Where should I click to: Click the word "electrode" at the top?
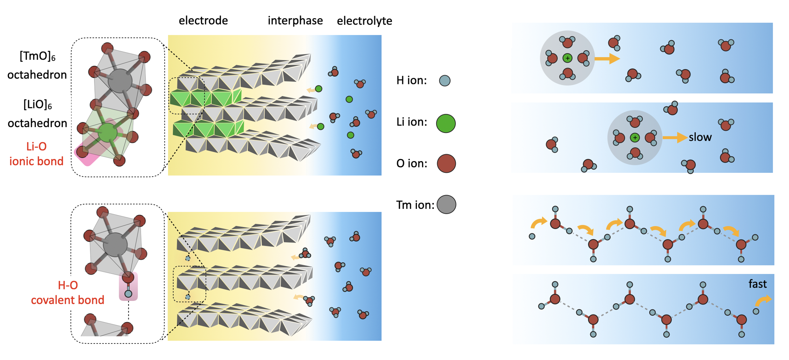(203, 21)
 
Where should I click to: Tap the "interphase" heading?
(295, 21)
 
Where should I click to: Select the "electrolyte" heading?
(365, 21)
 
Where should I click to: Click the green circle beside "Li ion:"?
(446, 123)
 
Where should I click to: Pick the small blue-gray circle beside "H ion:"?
(445, 81)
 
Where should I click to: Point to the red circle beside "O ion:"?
(446, 163)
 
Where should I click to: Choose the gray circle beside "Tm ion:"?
(446, 204)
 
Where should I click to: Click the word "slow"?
(700, 137)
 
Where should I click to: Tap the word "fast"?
(758, 284)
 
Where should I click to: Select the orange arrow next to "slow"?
(675, 138)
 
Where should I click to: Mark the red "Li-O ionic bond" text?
(36, 154)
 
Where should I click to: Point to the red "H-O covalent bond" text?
(68, 293)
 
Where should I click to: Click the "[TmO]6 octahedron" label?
(37, 65)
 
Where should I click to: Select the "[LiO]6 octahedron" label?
(38, 114)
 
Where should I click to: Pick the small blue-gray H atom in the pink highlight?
(128, 294)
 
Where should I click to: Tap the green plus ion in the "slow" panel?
(635, 138)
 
